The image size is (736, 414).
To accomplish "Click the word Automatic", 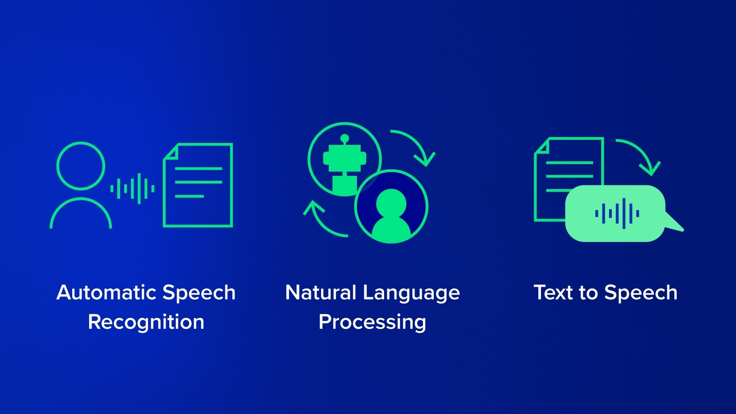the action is (106, 293).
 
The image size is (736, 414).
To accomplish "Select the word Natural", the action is (321, 293).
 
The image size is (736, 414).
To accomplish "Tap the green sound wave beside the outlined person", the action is (132, 189).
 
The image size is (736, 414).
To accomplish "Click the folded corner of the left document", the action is (171, 151).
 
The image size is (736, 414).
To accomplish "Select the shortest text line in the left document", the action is (189, 196).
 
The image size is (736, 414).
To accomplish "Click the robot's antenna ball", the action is (345, 138).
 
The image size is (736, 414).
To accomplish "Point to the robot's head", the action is (345, 158).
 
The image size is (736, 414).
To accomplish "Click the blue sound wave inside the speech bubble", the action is (617, 213).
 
